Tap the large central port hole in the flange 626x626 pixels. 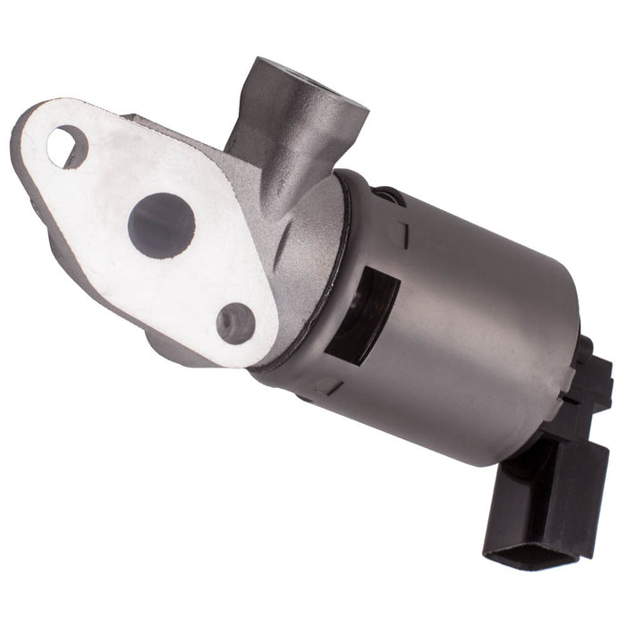coord(161,225)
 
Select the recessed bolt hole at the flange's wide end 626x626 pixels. coord(236,323)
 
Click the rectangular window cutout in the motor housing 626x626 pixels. coord(368,317)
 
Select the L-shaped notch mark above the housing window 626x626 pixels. coord(400,233)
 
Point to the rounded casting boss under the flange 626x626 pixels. coord(174,344)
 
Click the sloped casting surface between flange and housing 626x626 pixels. coord(300,250)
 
